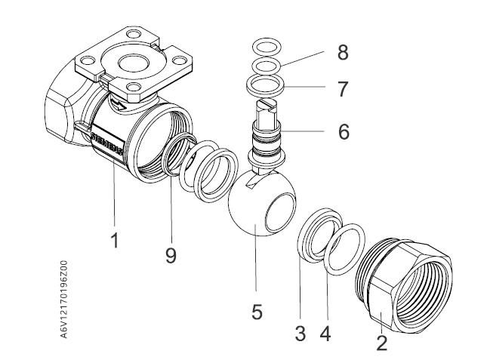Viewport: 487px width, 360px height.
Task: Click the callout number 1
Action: [114, 242]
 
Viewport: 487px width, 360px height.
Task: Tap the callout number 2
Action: [382, 343]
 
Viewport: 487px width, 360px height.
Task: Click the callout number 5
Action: [257, 310]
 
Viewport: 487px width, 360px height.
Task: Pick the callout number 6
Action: [344, 131]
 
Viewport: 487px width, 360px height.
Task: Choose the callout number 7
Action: [344, 89]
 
